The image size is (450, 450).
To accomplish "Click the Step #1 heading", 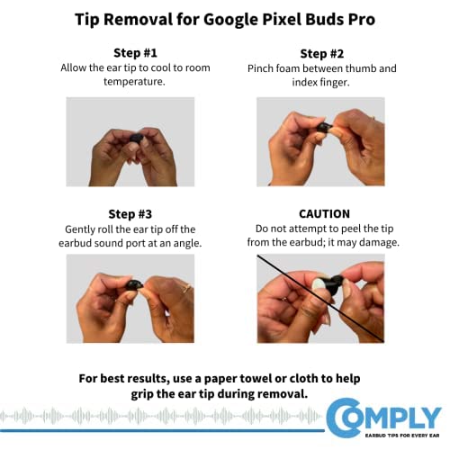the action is point(135,53).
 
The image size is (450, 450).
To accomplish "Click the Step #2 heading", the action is point(322,54).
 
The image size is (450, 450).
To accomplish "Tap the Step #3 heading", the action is point(130,214).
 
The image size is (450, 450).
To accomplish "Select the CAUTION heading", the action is point(324,214).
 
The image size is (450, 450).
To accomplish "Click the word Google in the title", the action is point(230,20).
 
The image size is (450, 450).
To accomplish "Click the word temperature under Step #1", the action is point(134,81).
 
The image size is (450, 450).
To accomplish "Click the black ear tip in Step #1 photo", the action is point(137,138).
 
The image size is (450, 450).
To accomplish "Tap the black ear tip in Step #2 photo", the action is point(324,127).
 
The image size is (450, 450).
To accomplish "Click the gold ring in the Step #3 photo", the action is point(186,288).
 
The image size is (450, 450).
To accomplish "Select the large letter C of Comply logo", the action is point(344,418).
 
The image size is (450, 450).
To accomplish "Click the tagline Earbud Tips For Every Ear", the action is point(402,436).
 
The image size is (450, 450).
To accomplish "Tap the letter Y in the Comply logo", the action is point(430,418).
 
